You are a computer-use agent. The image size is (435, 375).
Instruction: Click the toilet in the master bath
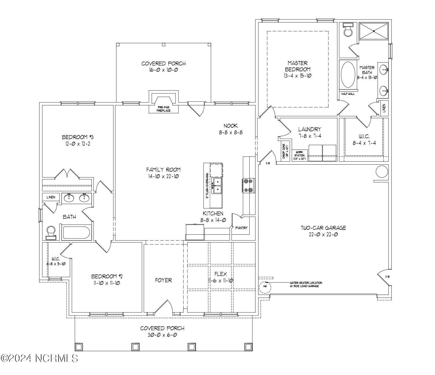pos(348,30)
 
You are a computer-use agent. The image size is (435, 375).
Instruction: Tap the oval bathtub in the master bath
pos(348,75)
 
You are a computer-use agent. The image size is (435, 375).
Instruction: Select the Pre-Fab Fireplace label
pos(164,109)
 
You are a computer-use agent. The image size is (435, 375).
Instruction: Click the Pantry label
pos(241,228)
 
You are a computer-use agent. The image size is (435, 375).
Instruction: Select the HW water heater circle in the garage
pos(265,286)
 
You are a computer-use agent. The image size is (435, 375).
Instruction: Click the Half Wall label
pos(348,94)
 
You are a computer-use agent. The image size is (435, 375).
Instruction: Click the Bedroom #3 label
pos(78,137)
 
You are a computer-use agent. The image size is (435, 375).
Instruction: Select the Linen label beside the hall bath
pos(51,197)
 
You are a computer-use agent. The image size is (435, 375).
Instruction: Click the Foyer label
pos(163,280)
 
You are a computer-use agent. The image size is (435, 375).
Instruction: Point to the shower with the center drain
pos(373,31)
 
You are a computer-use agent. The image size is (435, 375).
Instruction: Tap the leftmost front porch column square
pos(79,347)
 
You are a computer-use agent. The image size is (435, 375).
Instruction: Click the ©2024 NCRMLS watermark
pos(40,358)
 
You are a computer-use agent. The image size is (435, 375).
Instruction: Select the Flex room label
pos(221,274)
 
